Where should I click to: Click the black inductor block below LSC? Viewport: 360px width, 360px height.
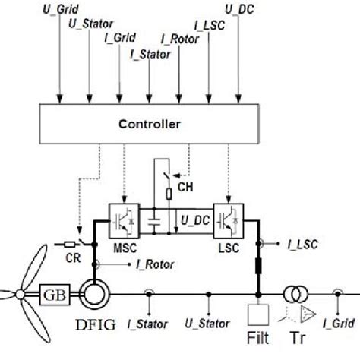point(258,267)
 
